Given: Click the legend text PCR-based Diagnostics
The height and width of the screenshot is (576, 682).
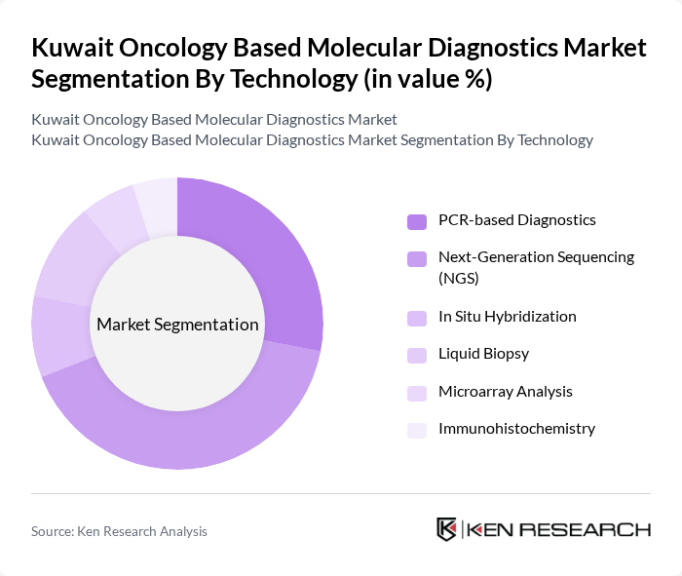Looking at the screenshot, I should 516,220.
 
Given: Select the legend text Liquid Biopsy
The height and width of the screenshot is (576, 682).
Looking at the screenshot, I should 483,354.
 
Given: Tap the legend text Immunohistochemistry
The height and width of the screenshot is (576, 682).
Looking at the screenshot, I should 516,429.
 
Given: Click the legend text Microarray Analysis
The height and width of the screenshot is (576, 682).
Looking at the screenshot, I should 505,392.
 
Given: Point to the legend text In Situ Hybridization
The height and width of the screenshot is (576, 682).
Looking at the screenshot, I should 507,317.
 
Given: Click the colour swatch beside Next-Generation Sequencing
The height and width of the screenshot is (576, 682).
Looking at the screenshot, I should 417,259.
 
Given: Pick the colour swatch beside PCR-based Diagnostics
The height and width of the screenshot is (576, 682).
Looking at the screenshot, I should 417,221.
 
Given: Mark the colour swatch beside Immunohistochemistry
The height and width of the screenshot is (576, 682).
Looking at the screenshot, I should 417,430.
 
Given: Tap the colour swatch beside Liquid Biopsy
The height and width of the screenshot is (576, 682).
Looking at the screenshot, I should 417,355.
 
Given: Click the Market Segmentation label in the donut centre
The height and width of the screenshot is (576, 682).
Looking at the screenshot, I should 177,325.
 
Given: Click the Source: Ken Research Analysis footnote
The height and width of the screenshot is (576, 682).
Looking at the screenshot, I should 119,531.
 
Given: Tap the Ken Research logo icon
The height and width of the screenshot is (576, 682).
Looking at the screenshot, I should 447,529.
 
